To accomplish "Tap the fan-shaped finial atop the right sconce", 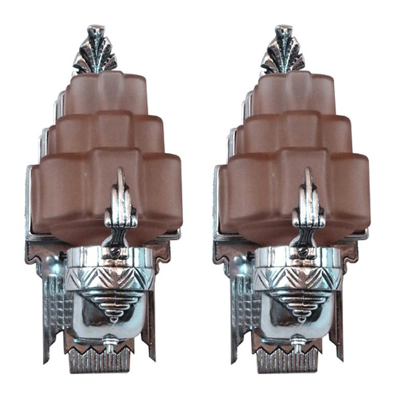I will click(x=282, y=51).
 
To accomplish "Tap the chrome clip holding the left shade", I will click(x=121, y=205).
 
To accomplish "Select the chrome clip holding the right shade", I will click(x=308, y=205).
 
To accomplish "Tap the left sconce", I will click(x=104, y=207).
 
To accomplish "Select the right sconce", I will click(x=292, y=207).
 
